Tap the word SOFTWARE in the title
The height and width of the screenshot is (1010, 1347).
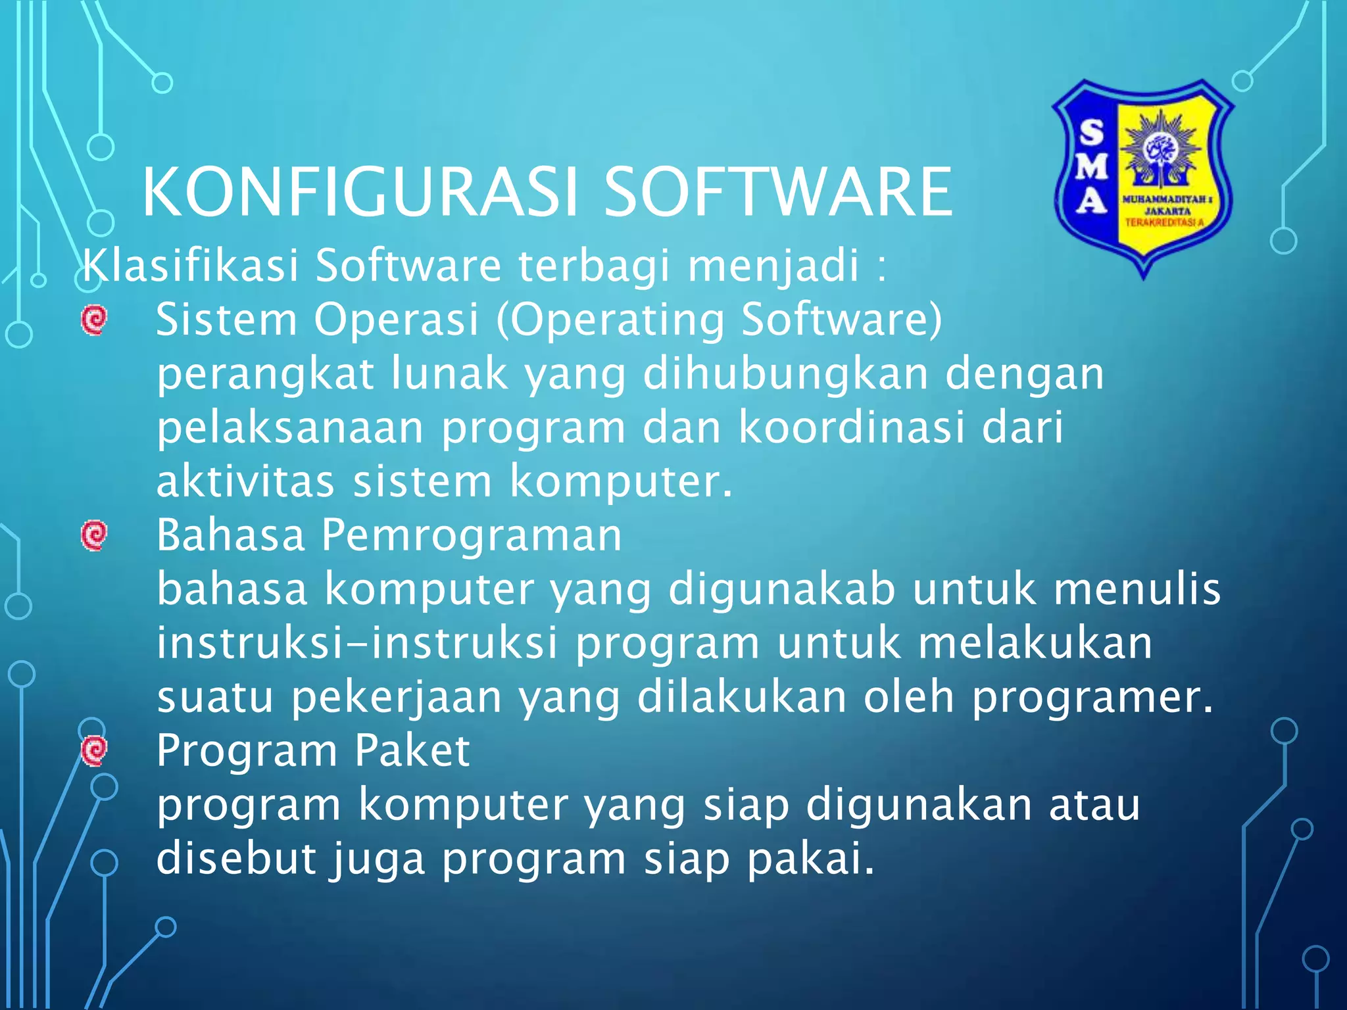(x=777, y=192)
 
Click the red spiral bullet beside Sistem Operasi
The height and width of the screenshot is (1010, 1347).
(x=94, y=320)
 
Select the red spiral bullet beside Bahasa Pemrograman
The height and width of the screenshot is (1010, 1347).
(x=94, y=535)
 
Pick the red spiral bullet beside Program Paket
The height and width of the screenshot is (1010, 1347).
(x=94, y=750)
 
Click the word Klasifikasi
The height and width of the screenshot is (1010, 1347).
(x=190, y=265)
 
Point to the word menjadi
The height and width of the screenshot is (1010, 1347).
(x=773, y=266)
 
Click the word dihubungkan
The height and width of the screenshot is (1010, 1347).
(x=785, y=374)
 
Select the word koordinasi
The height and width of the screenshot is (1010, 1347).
(x=852, y=427)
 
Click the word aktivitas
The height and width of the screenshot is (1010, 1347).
(x=245, y=481)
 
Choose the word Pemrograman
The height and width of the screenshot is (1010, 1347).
(x=471, y=535)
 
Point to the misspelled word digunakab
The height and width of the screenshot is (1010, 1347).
(x=781, y=590)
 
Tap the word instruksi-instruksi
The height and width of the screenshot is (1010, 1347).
(x=357, y=643)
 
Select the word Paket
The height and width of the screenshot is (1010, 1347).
(x=412, y=750)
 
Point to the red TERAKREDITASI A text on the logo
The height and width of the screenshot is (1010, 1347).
(x=1164, y=223)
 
